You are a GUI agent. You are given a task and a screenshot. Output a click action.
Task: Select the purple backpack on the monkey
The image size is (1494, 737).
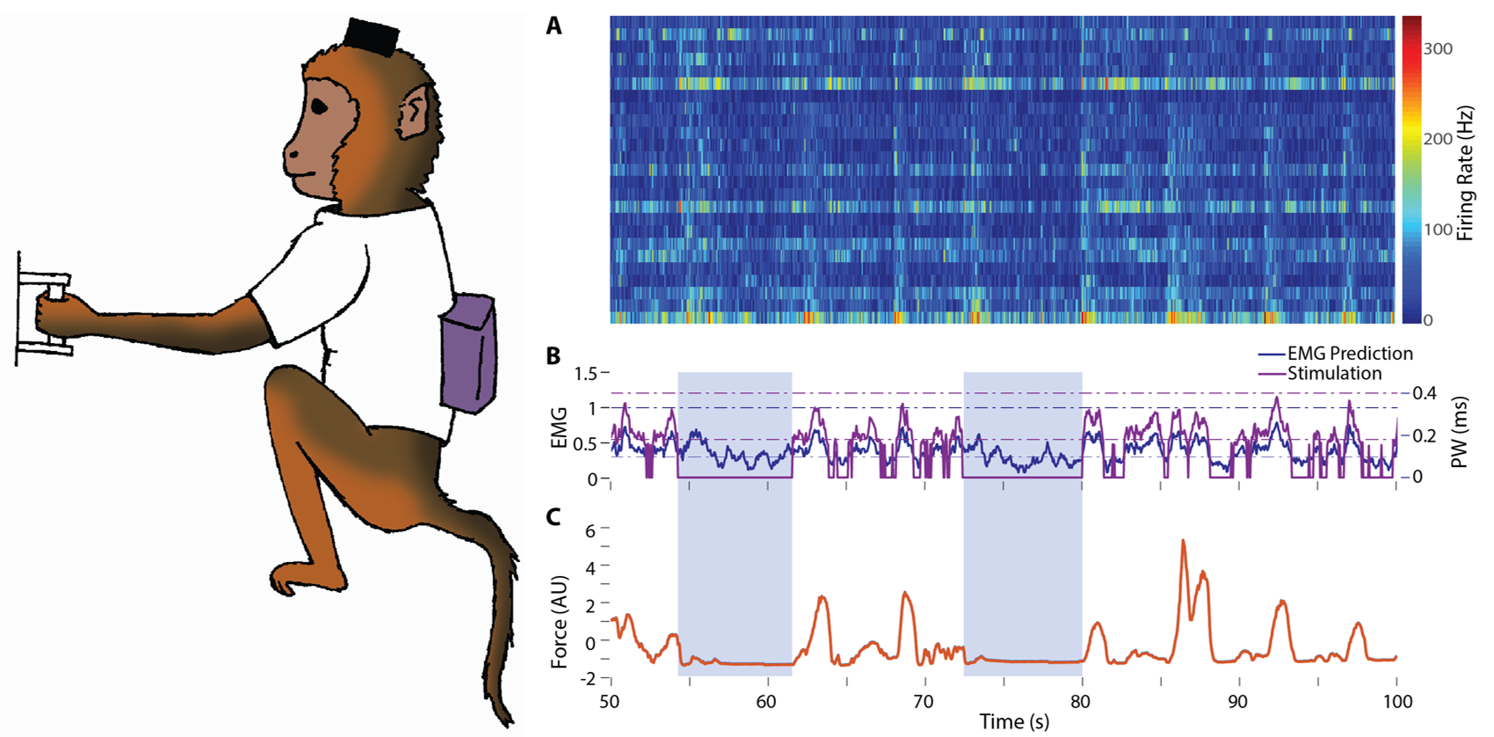tap(469, 353)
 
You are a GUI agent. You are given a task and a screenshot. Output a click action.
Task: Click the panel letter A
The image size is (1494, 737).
tap(554, 26)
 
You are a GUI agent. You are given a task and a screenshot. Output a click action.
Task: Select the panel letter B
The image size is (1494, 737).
tap(554, 356)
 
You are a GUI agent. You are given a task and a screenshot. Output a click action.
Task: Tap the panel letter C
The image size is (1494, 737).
tap(554, 516)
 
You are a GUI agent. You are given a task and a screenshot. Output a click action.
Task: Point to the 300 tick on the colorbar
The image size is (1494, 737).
tap(1438, 49)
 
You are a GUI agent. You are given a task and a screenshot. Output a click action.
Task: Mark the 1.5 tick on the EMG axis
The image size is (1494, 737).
tap(585, 374)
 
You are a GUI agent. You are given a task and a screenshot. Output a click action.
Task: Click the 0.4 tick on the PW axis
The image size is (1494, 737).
tap(1424, 393)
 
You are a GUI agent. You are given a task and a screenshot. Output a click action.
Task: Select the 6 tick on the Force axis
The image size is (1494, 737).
tap(591, 530)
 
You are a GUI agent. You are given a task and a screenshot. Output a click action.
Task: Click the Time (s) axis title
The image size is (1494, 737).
tap(1014, 722)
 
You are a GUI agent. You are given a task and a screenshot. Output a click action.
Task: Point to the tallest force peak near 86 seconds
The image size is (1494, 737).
tap(1184, 542)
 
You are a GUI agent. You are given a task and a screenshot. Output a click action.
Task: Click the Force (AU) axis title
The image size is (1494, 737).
tap(559, 622)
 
